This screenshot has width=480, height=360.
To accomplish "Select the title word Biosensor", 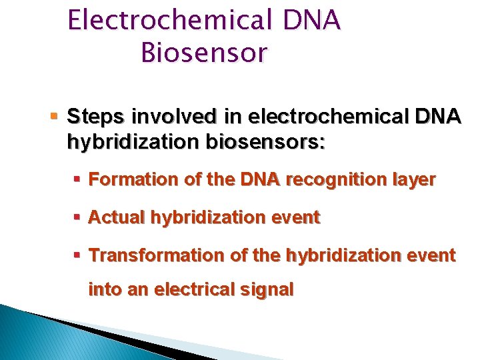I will [203, 52].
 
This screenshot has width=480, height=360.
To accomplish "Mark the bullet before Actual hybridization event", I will [79, 217].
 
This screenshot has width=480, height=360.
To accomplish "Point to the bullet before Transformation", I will [79, 255].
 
